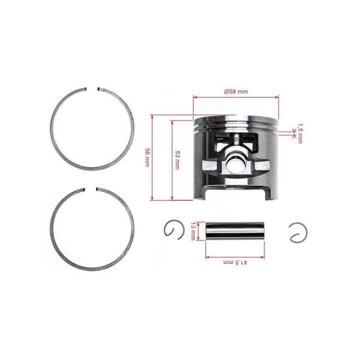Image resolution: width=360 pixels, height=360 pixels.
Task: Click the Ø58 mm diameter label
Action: tap(236, 91)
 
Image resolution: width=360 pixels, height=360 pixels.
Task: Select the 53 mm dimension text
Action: tap(177, 159)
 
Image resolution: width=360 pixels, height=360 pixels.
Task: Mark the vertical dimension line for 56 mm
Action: tap(154, 157)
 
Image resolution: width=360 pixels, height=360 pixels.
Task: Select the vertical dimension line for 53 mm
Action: tap(172, 159)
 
